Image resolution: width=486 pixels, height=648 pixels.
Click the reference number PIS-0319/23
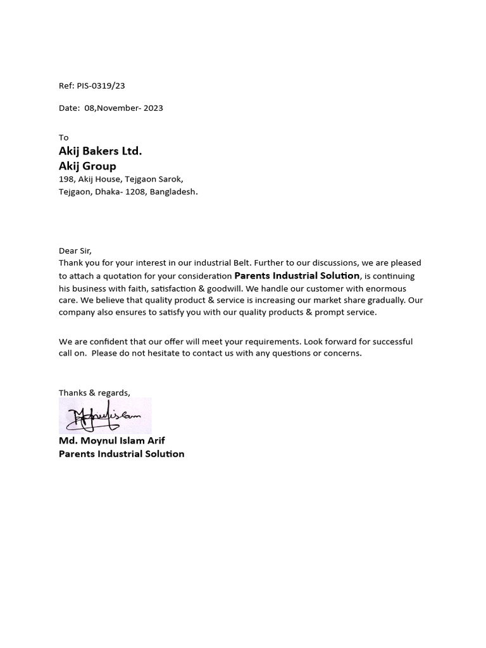(101, 86)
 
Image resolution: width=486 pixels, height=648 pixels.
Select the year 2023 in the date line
(153, 108)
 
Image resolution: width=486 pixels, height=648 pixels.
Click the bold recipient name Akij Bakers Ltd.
(100, 151)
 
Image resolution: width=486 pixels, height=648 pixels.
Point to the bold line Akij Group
(87, 166)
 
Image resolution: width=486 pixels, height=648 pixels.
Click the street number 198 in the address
(66, 180)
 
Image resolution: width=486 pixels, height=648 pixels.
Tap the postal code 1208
(135, 192)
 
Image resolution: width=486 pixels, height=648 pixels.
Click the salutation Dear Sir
(75, 251)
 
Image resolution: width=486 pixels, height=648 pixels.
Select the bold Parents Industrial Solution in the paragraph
(297, 276)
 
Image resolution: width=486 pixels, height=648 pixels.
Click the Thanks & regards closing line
(94, 393)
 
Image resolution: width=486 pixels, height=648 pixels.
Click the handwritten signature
(105, 415)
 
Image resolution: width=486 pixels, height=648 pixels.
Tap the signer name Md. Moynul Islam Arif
(112, 440)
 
